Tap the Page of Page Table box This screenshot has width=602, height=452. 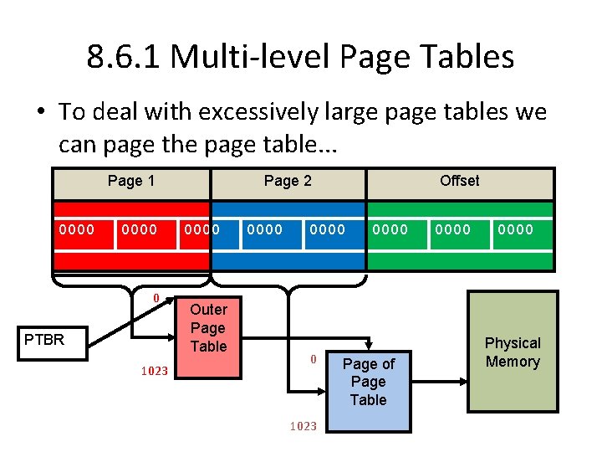368,382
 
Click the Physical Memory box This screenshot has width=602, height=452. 513,352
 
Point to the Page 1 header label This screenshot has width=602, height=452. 131,181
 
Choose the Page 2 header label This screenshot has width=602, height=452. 288,181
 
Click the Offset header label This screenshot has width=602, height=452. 460,181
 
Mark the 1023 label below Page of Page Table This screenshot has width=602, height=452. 303,426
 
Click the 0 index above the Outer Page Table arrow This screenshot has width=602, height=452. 156,298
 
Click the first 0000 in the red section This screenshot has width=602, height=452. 76,229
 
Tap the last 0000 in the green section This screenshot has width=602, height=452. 515,229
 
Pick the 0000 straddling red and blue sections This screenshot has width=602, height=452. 202,229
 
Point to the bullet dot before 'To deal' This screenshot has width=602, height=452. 42,112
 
